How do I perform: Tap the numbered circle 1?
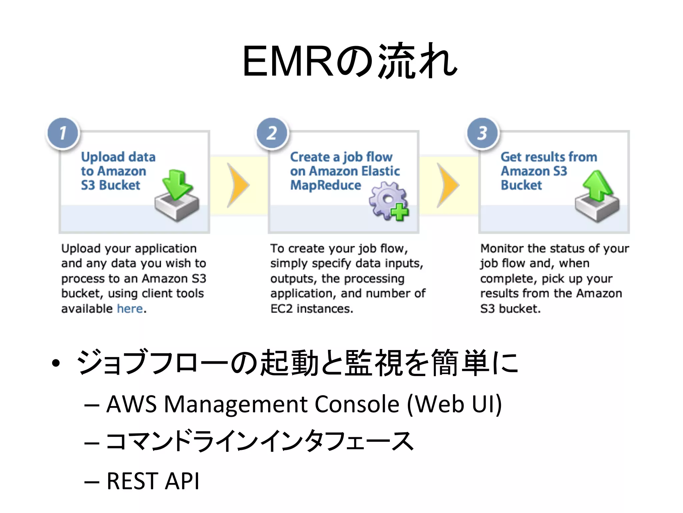coord(63,133)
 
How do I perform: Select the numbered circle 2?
coord(272,133)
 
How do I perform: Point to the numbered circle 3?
coord(482,133)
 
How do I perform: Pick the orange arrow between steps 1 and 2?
coord(238,185)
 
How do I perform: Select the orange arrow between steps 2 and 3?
coord(448,185)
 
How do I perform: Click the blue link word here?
coord(130,309)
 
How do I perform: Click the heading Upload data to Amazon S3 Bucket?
coord(118,171)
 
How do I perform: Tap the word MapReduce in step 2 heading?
coord(325,185)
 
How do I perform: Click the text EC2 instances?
coord(311,309)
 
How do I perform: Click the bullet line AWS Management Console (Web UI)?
coord(303,404)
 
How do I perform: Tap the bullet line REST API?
coord(153,481)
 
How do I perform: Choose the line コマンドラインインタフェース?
coord(259,442)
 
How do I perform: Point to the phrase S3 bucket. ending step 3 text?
coord(510,309)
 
